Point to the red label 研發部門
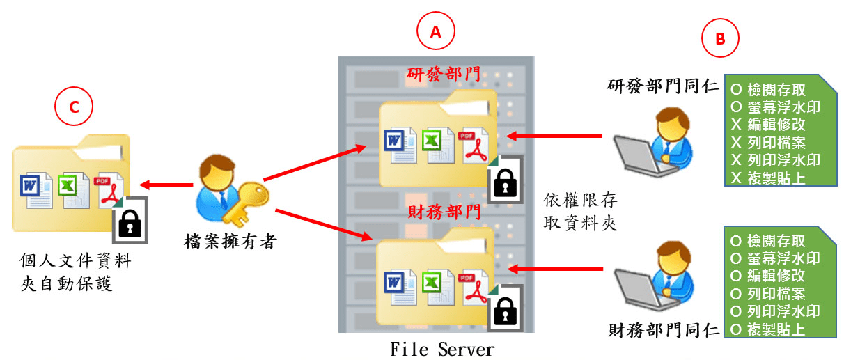438,75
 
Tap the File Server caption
442,348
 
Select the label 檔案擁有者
231,242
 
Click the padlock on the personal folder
129,221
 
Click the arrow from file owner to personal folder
166,185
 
